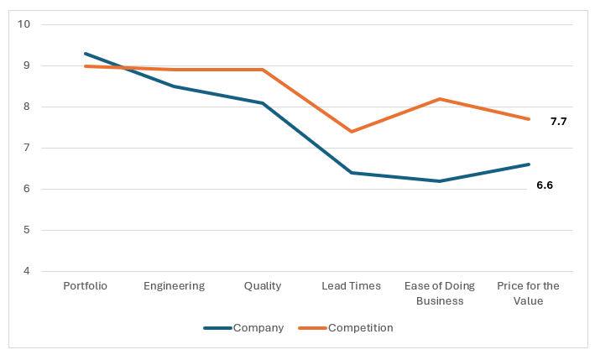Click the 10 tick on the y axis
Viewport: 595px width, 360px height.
coord(23,24)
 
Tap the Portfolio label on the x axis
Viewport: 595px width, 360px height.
coord(86,286)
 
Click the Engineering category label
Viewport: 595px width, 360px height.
coord(174,286)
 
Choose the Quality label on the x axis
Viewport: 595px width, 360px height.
coord(263,286)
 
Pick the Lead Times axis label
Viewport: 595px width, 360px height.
coord(351,286)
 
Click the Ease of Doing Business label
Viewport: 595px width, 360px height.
coord(440,293)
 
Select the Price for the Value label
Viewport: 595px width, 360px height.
coord(528,293)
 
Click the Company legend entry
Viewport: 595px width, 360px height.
coord(243,327)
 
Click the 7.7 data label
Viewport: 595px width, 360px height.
coord(558,122)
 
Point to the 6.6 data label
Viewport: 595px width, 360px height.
coord(545,185)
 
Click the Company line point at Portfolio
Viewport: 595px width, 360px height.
coord(86,53)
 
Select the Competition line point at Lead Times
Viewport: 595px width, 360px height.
coord(351,132)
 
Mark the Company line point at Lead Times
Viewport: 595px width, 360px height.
coord(351,173)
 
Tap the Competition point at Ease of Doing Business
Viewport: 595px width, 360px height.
coord(440,99)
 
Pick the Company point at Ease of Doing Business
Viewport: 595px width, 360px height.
coord(440,181)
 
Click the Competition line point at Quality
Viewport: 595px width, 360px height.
coord(263,70)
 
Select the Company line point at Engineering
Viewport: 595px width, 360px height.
coord(174,86)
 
